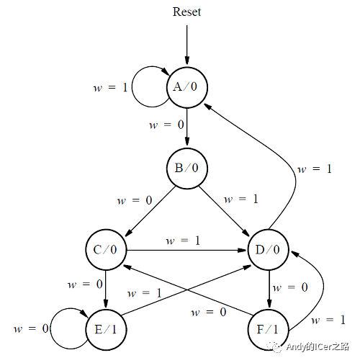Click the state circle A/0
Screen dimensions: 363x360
[x=186, y=86]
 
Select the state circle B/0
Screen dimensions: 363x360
[x=186, y=169]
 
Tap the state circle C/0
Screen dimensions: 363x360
[x=105, y=250]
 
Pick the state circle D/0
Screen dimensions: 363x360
[x=269, y=250]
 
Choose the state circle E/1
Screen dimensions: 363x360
[x=105, y=328]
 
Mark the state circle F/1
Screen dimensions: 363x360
[x=269, y=328]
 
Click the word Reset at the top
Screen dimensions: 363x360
[x=186, y=12]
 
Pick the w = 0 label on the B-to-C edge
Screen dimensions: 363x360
[x=135, y=200]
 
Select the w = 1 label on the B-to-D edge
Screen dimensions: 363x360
[x=240, y=198]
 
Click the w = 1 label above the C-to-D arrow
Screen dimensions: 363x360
[x=183, y=240]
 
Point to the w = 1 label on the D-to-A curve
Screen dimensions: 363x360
[x=315, y=169]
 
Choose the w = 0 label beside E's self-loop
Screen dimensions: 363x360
[x=31, y=328]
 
